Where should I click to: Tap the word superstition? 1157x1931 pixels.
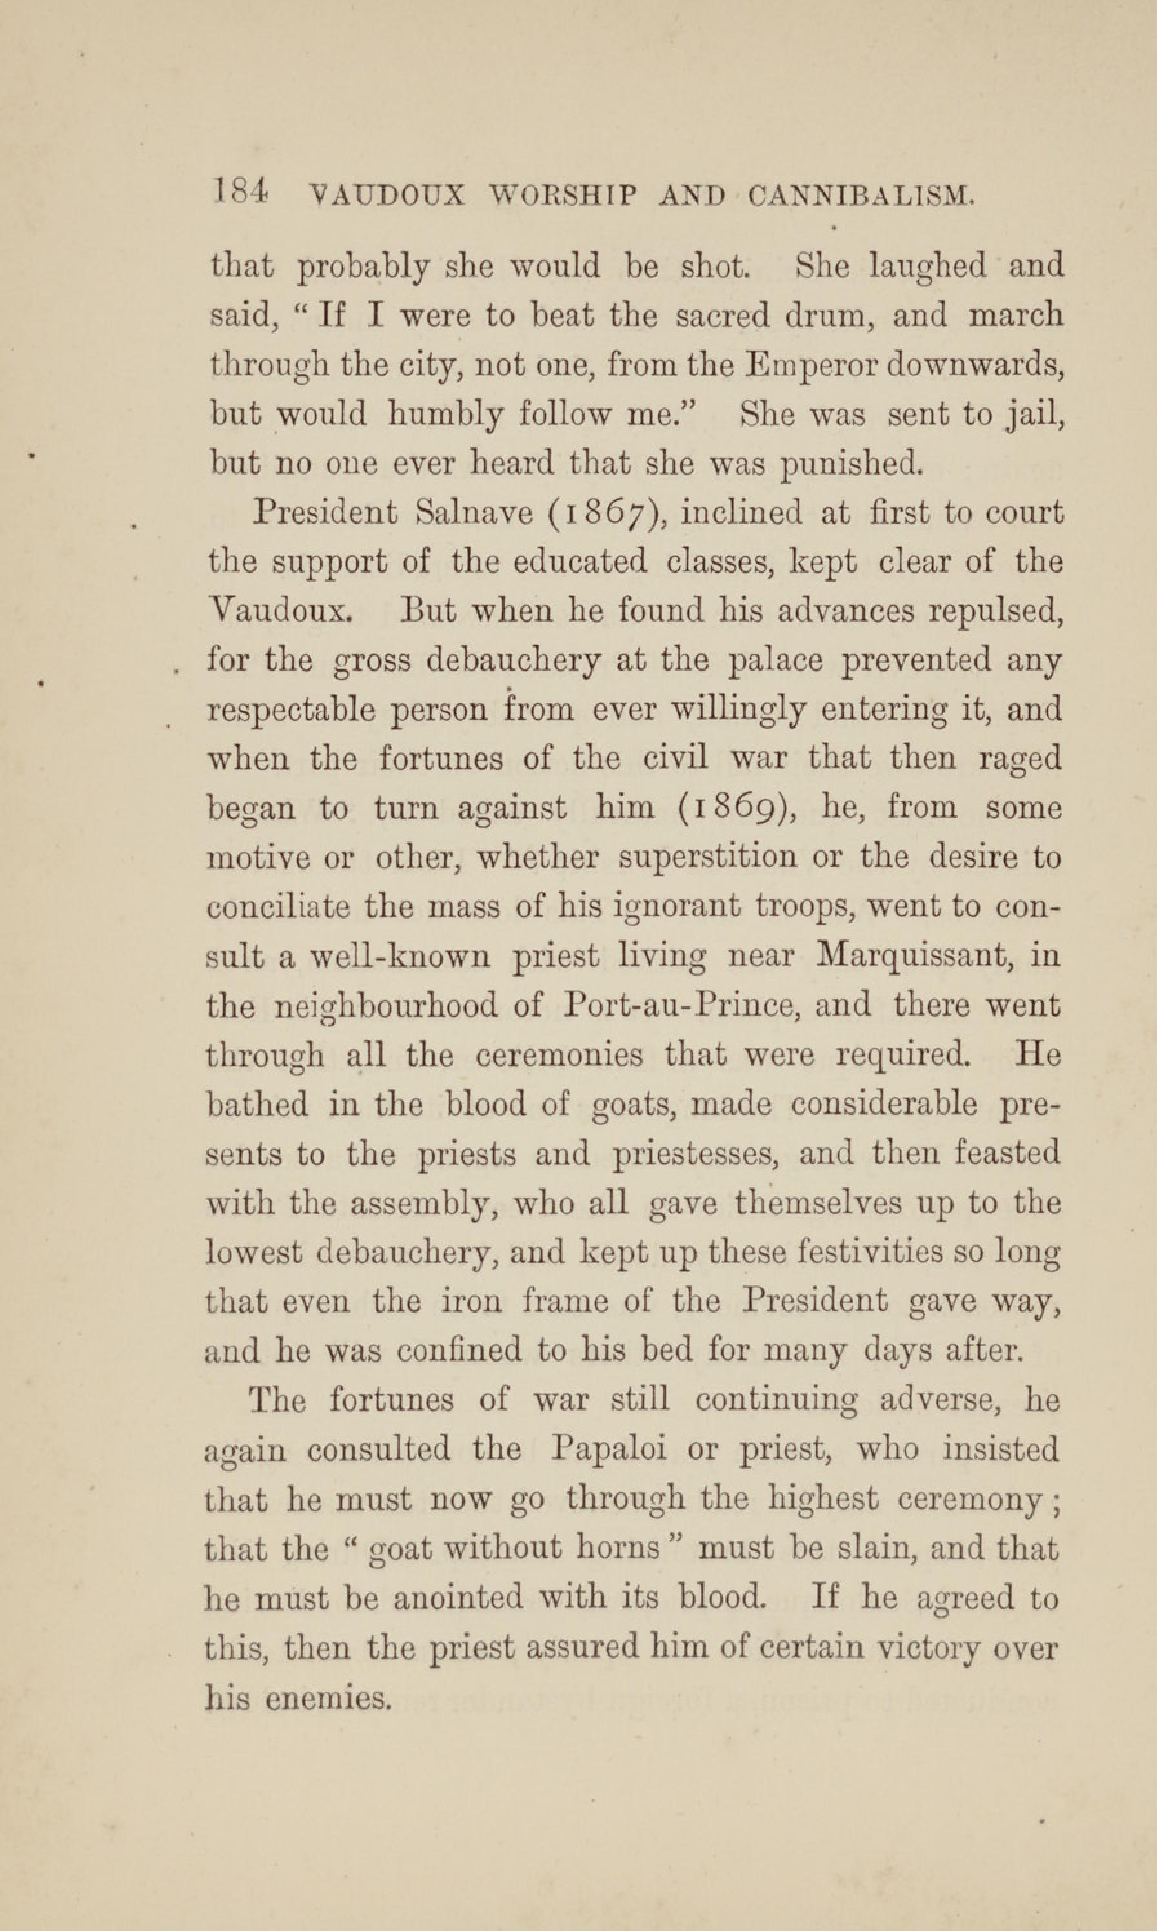click(x=708, y=857)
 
